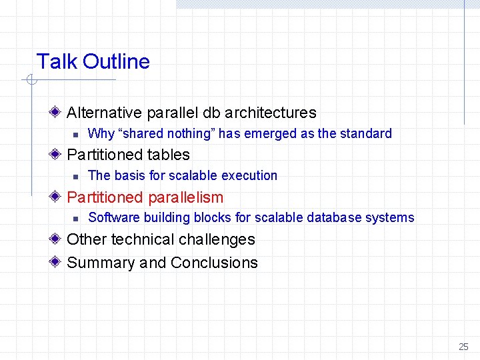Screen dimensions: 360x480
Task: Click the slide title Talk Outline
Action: point(93,62)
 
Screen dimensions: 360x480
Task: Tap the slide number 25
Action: point(463,347)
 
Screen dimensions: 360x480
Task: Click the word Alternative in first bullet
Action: point(105,113)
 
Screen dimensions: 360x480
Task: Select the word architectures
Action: point(271,113)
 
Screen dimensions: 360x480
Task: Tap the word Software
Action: point(111,217)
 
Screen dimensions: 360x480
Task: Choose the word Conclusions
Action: point(214,263)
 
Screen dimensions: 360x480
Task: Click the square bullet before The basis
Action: point(76,177)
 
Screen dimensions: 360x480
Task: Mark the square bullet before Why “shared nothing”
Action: point(76,135)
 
